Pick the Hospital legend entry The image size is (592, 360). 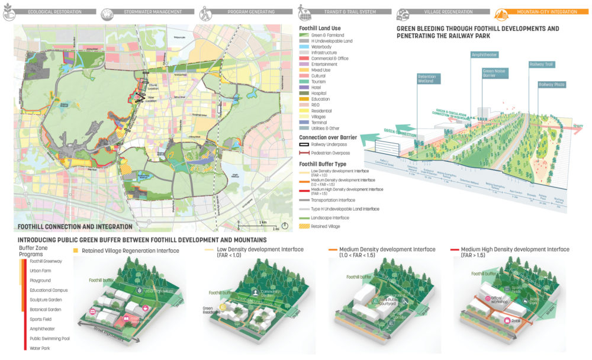pos(319,93)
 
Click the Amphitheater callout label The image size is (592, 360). pos(484,54)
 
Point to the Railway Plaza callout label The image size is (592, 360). pos(551,85)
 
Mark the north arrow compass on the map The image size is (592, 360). pos(285,225)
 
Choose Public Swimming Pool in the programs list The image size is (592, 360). pos(49,338)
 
